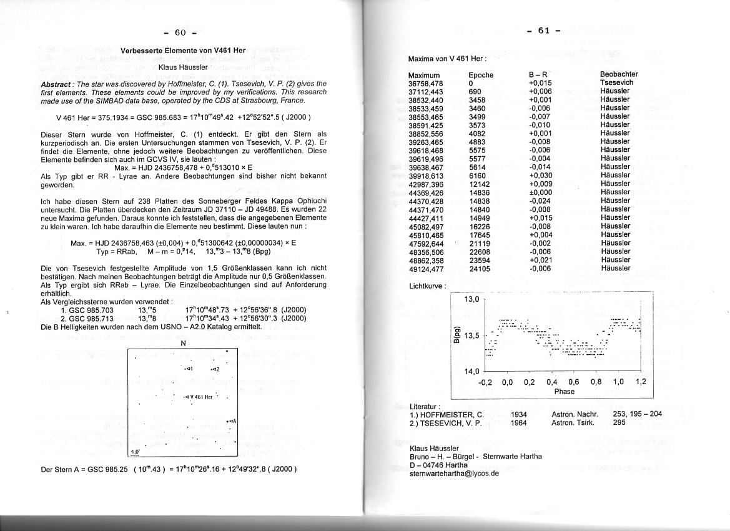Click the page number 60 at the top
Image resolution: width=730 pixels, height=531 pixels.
180,32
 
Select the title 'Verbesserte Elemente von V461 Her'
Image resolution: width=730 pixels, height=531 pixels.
182,50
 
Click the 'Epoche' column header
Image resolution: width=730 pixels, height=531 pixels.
481,75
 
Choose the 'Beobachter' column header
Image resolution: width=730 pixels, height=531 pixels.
619,74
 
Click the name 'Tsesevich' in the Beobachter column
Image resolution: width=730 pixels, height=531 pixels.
616,83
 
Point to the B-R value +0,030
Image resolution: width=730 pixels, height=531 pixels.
540,176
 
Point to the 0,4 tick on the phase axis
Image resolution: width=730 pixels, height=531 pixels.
551,382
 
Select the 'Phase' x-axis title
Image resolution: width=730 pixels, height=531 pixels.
564,392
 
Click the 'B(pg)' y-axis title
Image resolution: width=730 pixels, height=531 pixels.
458,335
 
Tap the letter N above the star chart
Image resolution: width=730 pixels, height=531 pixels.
183,343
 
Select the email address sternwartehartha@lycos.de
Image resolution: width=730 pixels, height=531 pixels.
454,474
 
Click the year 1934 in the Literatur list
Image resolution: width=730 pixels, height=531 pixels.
518,414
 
